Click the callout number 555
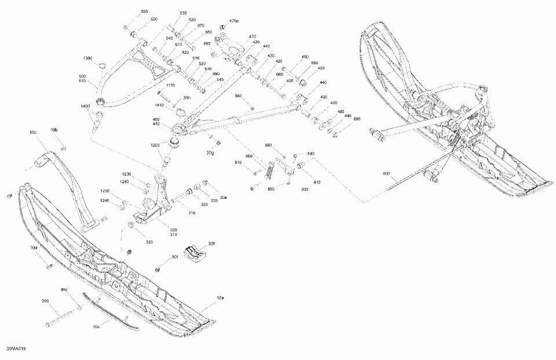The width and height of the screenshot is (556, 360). [144, 12]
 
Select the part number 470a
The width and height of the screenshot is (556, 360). [233, 21]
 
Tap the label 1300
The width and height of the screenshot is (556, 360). [87, 58]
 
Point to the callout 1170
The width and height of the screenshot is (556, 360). [170, 86]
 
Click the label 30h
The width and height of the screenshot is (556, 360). [186, 98]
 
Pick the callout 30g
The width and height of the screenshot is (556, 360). [210, 153]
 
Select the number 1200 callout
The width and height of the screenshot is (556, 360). [155, 145]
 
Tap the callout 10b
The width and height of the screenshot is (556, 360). [54, 130]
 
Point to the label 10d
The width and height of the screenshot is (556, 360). [34, 247]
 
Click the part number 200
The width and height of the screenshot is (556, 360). [45, 302]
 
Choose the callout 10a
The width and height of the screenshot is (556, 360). [220, 298]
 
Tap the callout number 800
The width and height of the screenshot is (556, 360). [386, 173]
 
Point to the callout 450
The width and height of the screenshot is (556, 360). [305, 57]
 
